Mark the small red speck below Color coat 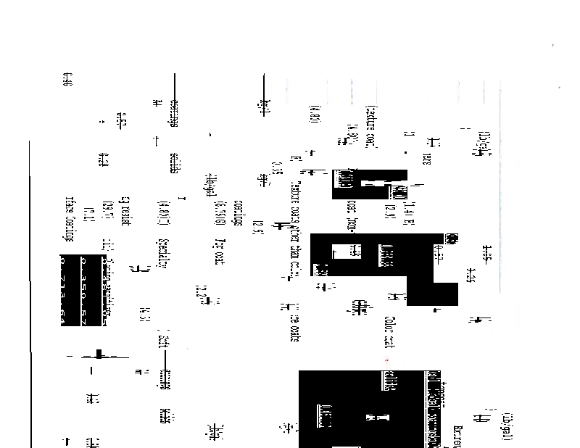386,360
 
